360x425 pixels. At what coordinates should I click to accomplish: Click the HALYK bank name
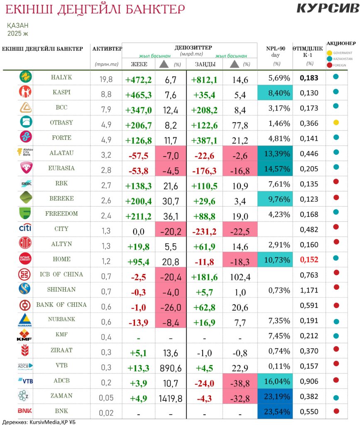coord(61,77)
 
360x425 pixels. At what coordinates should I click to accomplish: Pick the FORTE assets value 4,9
coord(106,138)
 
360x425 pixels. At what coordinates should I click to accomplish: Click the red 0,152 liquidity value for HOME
coord(309,260)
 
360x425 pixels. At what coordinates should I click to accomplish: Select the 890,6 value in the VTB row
coord(171,366)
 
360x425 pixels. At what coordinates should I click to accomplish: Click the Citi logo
coord(25,229)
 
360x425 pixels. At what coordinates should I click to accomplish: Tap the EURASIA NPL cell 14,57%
coord(275,169)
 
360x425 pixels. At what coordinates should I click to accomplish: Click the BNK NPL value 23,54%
coord(275,412)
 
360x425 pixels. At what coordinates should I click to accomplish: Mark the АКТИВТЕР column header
coord(107,49)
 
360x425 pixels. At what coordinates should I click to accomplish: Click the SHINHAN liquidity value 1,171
coord(309,290)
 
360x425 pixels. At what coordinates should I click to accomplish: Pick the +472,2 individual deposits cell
coord(139,79)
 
